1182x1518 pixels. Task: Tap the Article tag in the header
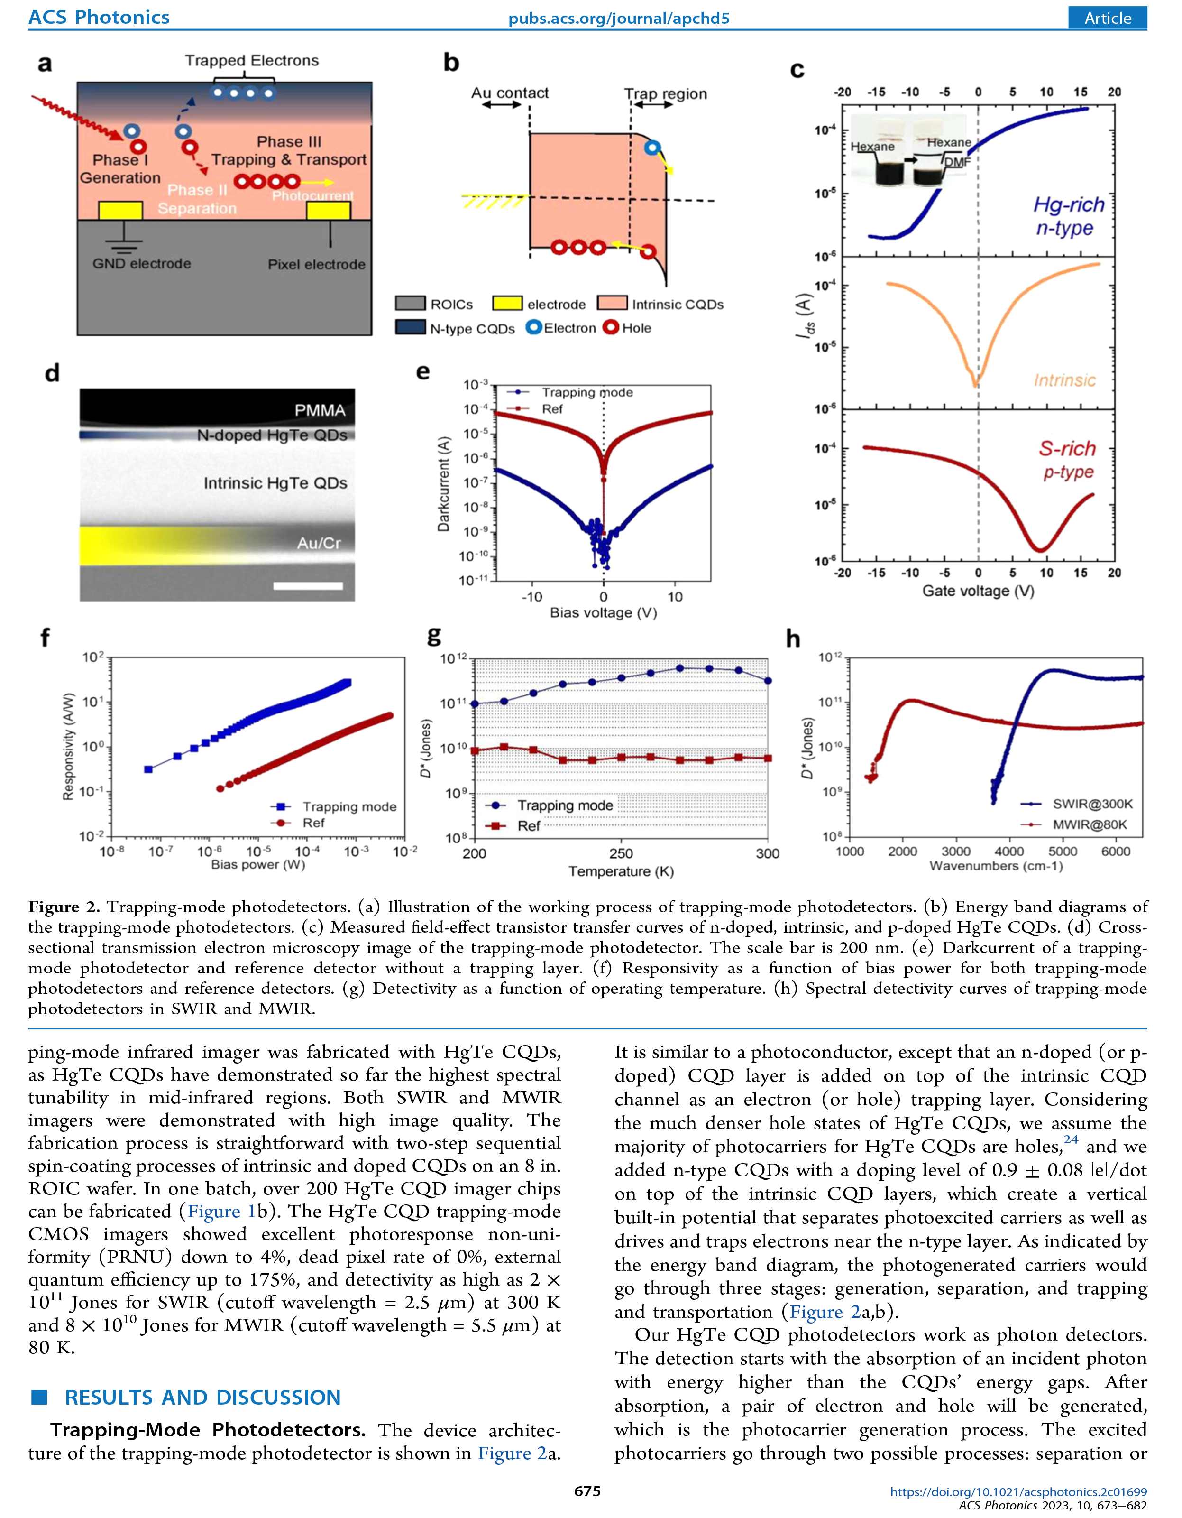[x=1107, y=18]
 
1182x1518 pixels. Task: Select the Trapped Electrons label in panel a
[x=252, y=60]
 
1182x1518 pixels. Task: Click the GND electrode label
[x=141, y=263]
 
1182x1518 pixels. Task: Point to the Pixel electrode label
[x=316, y=264]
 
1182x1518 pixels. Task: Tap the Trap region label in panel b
[x=665, y=94]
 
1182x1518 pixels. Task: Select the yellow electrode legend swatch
[x=506, y=304]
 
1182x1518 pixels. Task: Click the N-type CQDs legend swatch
[x=410, y=327]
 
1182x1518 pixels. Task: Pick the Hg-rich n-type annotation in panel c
[x=1068, y=216]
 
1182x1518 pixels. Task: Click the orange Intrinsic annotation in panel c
[x=1064, y=380]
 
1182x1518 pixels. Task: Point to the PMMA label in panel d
[x=320, y=410]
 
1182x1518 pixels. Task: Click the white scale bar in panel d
[x=308, y=586]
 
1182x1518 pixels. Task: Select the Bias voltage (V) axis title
[x=603, y=612]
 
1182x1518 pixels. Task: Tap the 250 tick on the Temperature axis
[x=621, y=853]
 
